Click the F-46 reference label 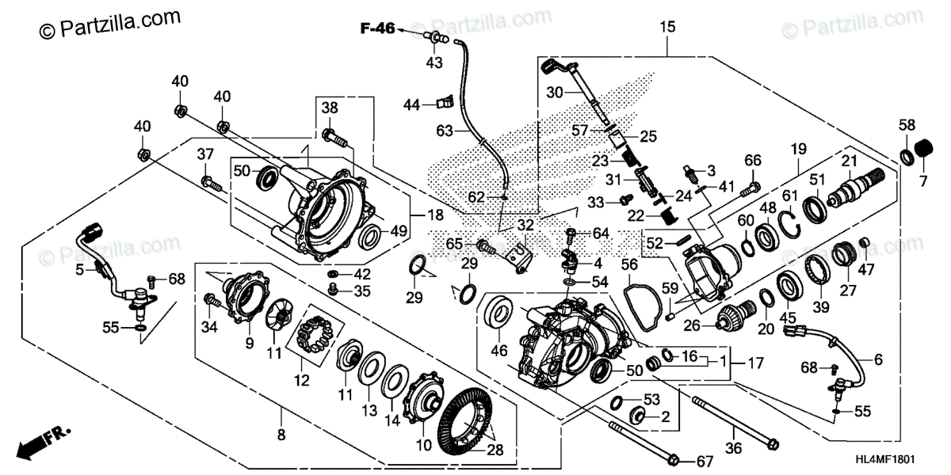[x=378, y=30]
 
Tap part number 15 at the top [x=667, y=28]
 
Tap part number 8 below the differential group [x=281, y=435]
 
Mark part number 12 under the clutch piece [x=300, y=380]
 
